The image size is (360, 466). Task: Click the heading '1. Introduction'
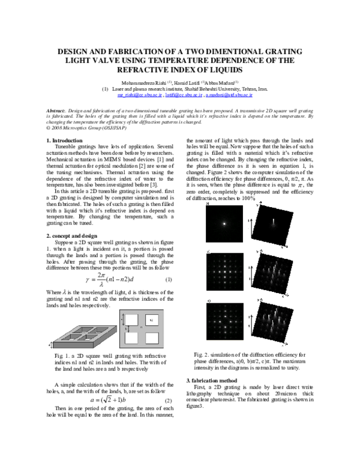tap(65, 141)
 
